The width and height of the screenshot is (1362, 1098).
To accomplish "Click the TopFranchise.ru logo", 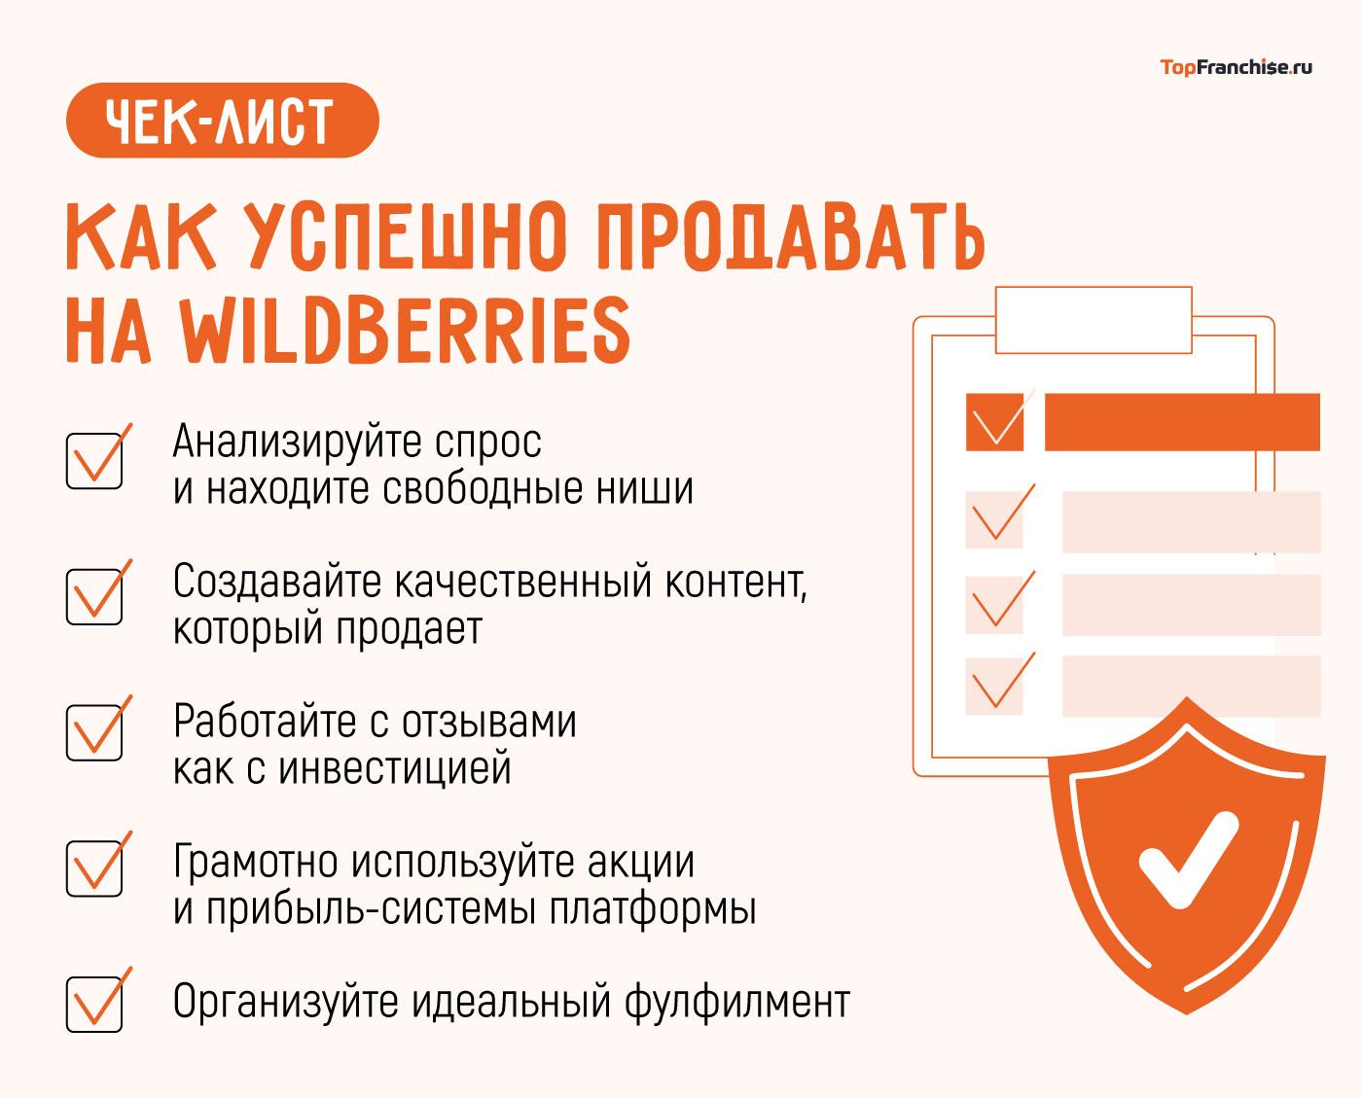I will click(x=1236, y=67).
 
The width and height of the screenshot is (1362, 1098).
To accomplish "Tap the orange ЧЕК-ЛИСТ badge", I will click(x=222, y=121).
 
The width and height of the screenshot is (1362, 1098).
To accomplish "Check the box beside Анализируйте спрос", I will click(x=94, y=460).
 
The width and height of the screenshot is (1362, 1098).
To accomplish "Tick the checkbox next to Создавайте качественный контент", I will click(x=94, y=596).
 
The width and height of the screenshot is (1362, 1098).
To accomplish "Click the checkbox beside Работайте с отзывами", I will click(x=94, y=732).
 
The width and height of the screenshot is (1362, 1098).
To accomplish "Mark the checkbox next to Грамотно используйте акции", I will click(x=94, y=868).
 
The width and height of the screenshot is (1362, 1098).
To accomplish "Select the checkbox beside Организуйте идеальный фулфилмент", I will click(x=94, y=1004).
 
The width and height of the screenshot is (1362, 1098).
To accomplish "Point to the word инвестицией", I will click(x=395, y=769).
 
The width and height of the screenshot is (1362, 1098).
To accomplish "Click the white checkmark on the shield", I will click(x=1187, y=859).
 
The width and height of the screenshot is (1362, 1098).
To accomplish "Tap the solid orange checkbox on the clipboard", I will click(x=994, y=422).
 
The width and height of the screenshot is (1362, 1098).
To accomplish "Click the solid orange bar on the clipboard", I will click(x=1182, y=422).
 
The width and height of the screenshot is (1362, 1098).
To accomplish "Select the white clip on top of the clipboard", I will click(x=1093, y=319).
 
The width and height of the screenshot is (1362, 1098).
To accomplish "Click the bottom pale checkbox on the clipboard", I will click(x=994, y=687).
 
